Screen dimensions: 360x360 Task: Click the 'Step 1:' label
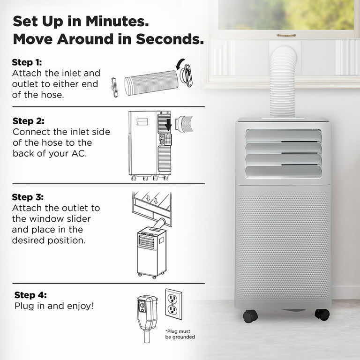(27, 62)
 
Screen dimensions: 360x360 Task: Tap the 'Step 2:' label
(29, 121)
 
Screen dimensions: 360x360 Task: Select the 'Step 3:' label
(28, 197)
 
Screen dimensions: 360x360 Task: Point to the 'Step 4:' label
(30, 295)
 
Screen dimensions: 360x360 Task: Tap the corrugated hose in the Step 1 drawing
(151, 82)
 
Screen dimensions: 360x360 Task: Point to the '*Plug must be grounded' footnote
(180, 334)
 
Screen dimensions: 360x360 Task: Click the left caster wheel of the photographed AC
(250, 316)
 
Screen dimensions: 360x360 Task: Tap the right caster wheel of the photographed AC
(322, 314)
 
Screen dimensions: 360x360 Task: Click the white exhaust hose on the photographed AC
(283, 82)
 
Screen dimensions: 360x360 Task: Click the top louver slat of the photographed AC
(283, 135)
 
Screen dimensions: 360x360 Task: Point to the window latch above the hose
(286, 35)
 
